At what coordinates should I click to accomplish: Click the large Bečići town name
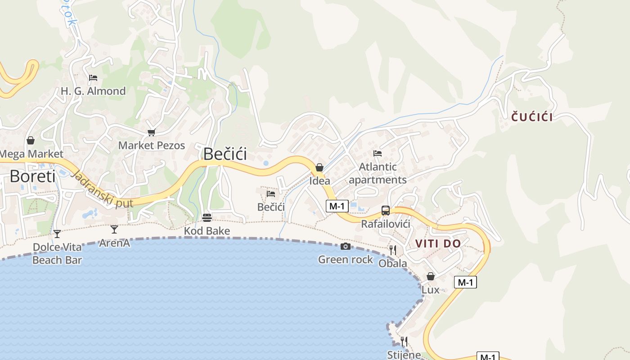click(x=225, y=154)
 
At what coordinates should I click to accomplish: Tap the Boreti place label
click(x=32, y=176)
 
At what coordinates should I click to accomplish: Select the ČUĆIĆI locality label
click(x=532, y=117)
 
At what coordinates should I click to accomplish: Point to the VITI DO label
click(x=438, y=243)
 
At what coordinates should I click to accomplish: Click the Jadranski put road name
click(x=103, y=189)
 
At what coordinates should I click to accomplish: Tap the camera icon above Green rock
click(x=346, y=246)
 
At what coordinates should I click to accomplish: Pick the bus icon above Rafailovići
click(x=386, y=210)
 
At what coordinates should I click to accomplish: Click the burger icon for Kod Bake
click(x=207, y=218)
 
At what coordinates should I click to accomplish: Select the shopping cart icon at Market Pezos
click(x=151, y=132)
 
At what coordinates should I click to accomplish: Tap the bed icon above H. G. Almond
click(x=93, y=78)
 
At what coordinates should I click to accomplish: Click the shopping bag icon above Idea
click(x=319, y=167)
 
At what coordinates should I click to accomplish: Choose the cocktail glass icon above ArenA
click(x=114, y=229)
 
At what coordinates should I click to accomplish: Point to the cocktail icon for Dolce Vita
click(x=57, y=234)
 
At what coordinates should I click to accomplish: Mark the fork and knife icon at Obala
click(x=393, y=250)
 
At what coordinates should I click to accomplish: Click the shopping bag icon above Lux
click(x=431, y=276)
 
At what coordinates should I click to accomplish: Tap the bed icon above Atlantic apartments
click(x=378, y=153)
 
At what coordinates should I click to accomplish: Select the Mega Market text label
click(x=31, y=154)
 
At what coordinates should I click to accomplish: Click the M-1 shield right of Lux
click(x=465, y=282)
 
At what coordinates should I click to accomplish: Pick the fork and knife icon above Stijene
click(x=404, y=342)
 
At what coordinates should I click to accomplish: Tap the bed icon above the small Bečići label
click(x=271, y=194)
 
